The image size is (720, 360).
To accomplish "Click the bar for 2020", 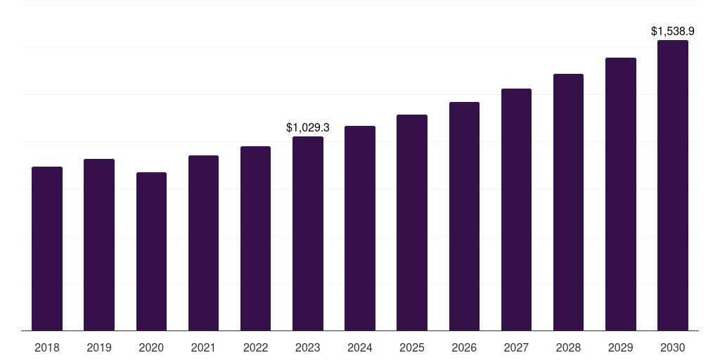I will [x=151, y=251].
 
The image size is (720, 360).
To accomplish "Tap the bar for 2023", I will [x=308, y=233].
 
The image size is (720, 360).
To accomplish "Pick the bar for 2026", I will [x=464, y=216].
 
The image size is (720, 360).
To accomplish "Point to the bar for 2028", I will [x=568, y=202].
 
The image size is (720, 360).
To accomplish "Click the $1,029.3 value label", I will [x=308, y=127].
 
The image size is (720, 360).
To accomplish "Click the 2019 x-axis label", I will [x=99, y=347].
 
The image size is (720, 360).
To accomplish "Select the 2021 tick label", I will [x=203, y=347].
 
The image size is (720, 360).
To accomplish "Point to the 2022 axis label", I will [x=255, y=347].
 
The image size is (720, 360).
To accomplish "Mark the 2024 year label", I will [x=360, y=347].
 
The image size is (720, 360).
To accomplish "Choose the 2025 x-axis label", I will [x=412, y=347].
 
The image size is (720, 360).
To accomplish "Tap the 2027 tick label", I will [x=516, y=347].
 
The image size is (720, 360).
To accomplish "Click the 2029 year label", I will [x=621, y=347].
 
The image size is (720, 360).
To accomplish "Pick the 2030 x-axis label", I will [x=673, y=347].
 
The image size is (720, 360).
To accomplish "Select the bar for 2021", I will [x=203, y=243].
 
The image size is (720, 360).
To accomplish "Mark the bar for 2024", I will [x=360, y=228].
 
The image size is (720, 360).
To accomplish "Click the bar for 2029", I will [x=621, y=194].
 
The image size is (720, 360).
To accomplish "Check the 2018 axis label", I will [x=47, y=347].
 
